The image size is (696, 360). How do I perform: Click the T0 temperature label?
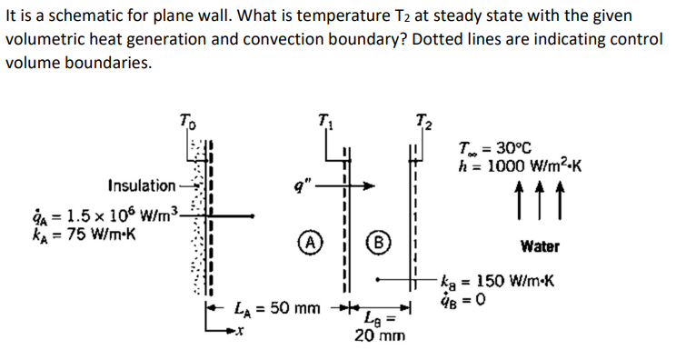click(185, 118)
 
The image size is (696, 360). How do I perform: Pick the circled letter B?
click(373, 245)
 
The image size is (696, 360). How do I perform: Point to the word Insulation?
click(141, 186)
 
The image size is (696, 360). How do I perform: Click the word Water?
click(541, 245)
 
